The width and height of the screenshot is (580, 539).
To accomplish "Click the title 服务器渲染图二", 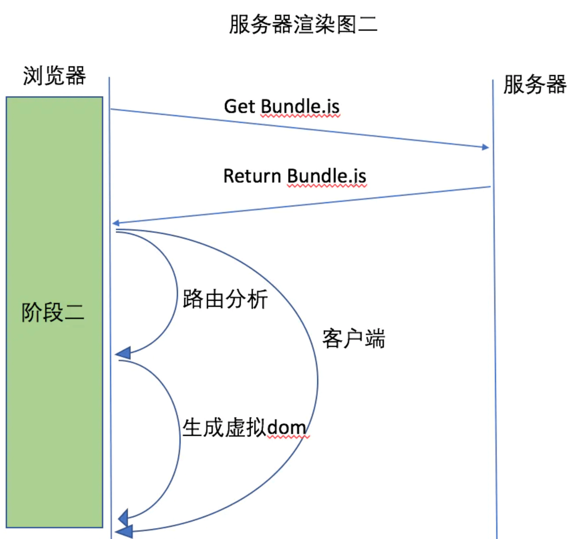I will click(303, 24).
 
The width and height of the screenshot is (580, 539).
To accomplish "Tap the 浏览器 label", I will click(54, 76).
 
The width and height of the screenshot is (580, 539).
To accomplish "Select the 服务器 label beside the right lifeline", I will click(535, 84).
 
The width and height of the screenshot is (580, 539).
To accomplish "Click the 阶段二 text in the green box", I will click(53, 312).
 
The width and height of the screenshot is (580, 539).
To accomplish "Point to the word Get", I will click(239, 107).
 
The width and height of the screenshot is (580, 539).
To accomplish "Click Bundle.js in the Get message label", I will click(300, 107).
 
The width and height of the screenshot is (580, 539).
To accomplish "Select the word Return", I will click(252, 176).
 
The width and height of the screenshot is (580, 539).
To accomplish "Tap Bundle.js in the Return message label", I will click(326, 176).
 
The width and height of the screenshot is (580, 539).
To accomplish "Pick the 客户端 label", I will click(353, 339).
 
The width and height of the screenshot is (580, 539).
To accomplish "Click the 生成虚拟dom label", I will click(244, 428).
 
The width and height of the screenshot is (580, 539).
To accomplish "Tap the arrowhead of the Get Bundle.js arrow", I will click(485, 147).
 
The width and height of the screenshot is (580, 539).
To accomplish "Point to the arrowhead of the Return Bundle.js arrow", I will click(116, 223).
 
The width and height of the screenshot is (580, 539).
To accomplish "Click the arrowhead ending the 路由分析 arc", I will click(123, 353).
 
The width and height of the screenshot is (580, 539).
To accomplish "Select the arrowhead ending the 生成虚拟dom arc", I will click(124, 518).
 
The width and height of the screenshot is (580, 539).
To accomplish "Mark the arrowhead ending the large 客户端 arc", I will click(124, 531).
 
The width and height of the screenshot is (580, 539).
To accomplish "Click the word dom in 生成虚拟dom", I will click(286, 428).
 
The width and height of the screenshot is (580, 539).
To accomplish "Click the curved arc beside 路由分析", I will click(176, 294).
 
